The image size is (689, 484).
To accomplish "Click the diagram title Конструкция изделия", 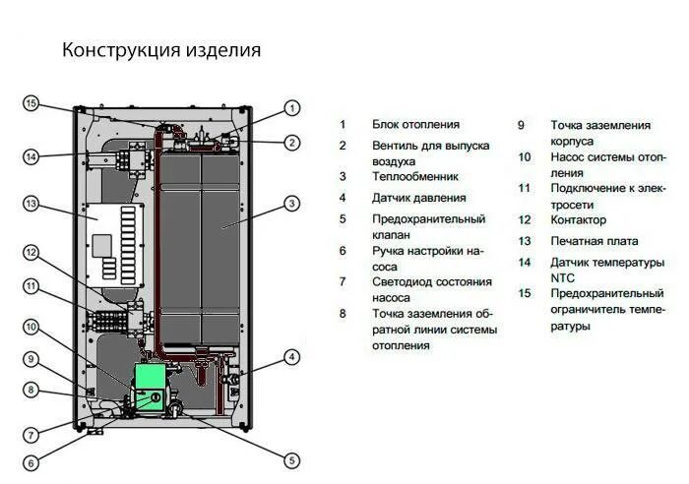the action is tap(161, 50).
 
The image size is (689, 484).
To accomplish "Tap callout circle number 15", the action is tap(31, 104).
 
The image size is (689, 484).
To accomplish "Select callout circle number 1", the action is tap(291, 108).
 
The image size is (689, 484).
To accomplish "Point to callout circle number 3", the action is tap(291, 204).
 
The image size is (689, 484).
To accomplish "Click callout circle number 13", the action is tap(31, 205).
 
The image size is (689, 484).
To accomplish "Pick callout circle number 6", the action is tap(31, 463).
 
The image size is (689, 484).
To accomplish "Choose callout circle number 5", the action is tap(291, 460).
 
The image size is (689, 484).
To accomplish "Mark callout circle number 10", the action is tap(31, 328).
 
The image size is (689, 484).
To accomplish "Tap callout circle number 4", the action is tap(291, 357).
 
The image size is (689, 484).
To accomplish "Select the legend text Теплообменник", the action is tap(414, 176).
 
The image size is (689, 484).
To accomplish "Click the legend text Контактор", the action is tap(579, 219).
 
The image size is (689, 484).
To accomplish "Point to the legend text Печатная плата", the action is tap(595, 241).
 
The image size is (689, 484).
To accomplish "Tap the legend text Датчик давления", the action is tap(418, 198).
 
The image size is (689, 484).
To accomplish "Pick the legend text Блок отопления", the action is tap(415, 124).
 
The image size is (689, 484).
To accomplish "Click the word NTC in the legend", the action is tap(562, 278).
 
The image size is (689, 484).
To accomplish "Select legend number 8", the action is tap(343, 314).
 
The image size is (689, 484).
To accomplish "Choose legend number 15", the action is tap(525, 293).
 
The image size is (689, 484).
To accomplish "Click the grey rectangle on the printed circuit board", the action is tap(101, 246).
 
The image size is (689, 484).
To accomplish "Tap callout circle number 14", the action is tap(31, 156).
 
